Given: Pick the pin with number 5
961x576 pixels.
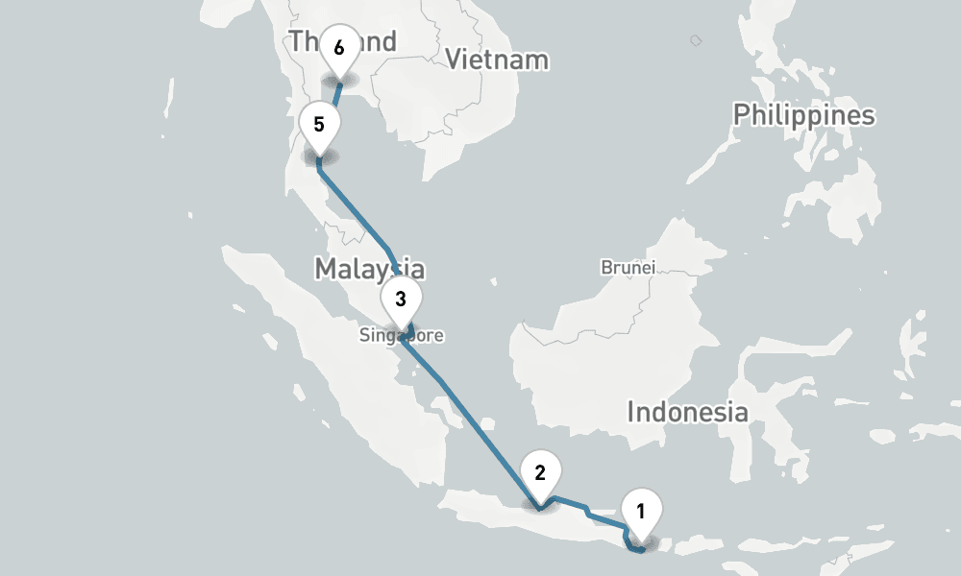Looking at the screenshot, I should pos(319,126).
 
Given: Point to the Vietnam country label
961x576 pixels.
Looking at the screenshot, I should pos(497,60).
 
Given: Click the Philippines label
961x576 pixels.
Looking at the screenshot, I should pos(803,115).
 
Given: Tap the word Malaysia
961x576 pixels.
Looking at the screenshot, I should pos(369,269).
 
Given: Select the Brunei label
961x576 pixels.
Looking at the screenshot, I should pos(628,267).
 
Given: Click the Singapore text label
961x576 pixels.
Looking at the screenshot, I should pos(402,336).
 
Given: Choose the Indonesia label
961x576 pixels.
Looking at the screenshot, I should pos(687,413).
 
